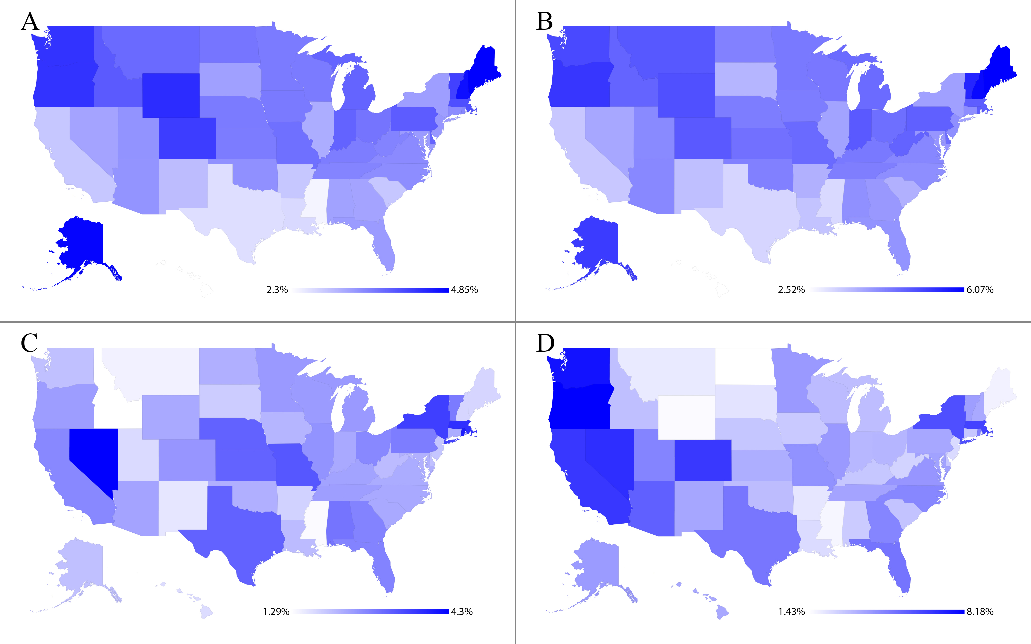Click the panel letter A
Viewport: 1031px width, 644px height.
point(30,21)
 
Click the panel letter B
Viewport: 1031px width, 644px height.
point(544,21)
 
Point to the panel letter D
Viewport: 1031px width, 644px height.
point(545,343)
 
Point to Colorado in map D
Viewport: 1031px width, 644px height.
point(703,460)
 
